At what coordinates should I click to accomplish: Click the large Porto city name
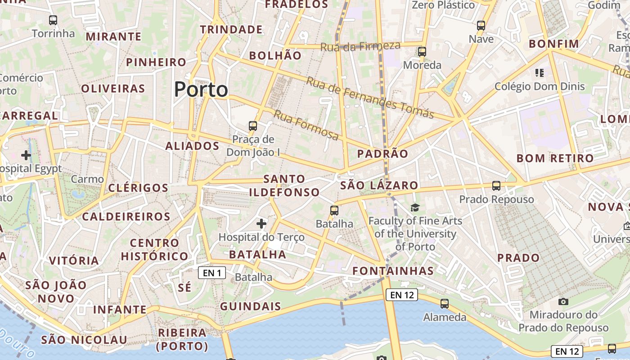click(201, 90)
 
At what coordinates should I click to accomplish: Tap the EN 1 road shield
click(211, 273)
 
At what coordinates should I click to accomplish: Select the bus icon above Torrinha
click(53, 20)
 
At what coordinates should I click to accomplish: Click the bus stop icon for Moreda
click(422, 52)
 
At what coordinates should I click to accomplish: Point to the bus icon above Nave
click(481, 26)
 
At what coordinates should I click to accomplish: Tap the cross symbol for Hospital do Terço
click(261, 223)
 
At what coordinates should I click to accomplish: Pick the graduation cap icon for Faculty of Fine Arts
click(415, 207)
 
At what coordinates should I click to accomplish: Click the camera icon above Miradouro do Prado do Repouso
click(563, 301)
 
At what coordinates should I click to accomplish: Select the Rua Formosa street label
click(306, 125)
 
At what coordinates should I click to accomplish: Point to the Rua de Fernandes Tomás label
click(370, 97)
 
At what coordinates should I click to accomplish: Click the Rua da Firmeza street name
click(360, 46)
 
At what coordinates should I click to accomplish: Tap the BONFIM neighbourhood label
click(553, 44)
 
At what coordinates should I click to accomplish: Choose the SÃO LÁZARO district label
click(379, 185)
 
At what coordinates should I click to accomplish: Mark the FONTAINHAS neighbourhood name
click(393, 271)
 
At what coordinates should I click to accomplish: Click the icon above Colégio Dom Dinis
click(540, 73)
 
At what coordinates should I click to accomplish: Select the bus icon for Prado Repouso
click(496, 185)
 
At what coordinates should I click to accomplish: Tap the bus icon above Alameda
click(445, 304)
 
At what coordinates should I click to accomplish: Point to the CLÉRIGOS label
click(138, 188)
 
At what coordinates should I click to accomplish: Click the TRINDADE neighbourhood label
click(231, 30)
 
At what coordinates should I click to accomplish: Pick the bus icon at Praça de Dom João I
click(253, 126)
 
